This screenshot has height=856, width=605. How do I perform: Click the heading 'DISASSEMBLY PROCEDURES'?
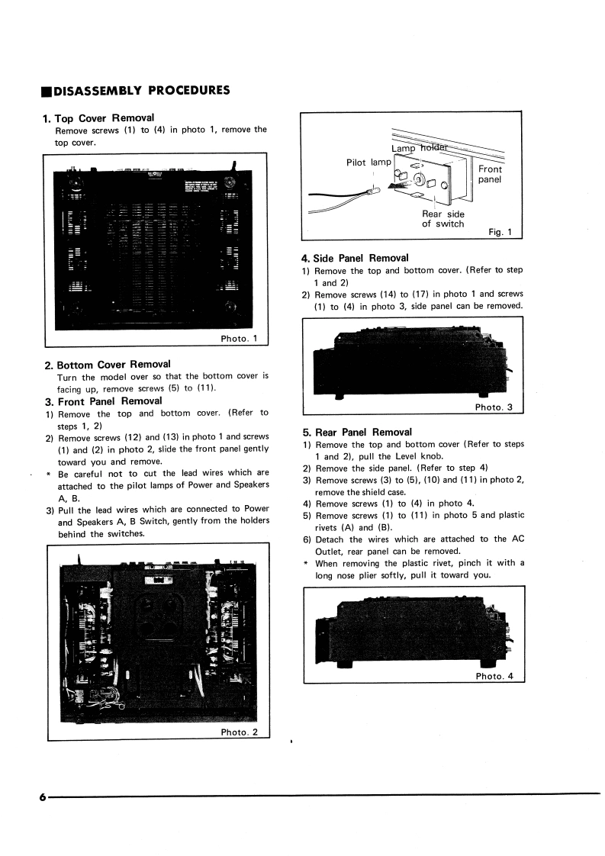[141, 91]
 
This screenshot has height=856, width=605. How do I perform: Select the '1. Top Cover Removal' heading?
[99, 117]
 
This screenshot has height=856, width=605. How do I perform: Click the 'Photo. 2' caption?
[239, 732]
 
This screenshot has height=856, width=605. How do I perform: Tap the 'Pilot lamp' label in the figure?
[368, 162]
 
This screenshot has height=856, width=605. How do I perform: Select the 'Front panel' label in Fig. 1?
[490, 174]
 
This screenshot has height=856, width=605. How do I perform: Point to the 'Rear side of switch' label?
[442, 219]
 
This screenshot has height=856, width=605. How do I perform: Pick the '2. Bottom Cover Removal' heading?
[113, 364]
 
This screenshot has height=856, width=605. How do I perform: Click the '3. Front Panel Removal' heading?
[109, 401]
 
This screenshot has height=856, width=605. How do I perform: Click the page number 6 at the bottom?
[43, 796]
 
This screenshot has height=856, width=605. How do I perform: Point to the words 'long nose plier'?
[352, 575]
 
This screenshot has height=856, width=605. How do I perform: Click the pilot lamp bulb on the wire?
[377, 193]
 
